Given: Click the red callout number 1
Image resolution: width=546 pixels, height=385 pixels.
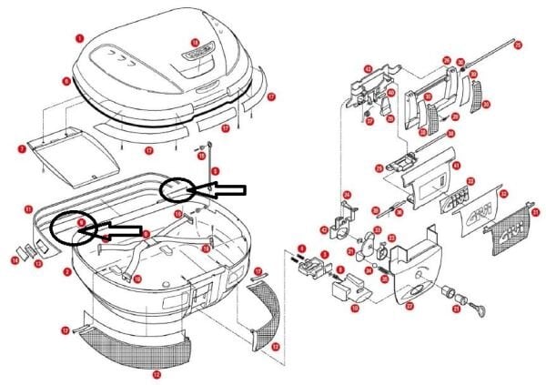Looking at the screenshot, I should pos(80,38).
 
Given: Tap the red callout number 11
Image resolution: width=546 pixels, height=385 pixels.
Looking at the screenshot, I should pos(28,209).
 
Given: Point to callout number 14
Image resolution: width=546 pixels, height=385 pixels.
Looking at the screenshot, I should pos(15,261).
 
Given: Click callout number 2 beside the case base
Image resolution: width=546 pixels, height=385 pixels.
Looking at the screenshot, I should pos(66,271).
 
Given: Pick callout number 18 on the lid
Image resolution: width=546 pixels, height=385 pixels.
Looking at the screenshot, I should pos(194,43).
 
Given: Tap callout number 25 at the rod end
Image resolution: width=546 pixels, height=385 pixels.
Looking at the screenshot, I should pos(518,45).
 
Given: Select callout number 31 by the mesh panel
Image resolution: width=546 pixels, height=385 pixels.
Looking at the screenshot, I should pos(535,212).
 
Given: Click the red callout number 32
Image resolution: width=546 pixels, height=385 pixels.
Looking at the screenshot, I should pos(503,193).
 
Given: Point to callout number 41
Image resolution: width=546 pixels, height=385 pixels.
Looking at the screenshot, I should pos(456,165).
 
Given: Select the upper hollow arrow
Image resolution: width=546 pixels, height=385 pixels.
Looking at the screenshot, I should pos(220,189).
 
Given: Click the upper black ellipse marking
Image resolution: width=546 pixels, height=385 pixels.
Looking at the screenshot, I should pos(177,190).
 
